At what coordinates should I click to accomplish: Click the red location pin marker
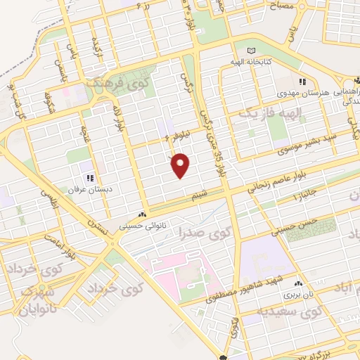pos(181,165)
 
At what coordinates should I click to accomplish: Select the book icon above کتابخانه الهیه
pos(252,51)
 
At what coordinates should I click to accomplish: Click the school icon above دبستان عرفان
pos(89,179)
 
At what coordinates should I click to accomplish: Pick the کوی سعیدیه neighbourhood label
pos(290,313)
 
